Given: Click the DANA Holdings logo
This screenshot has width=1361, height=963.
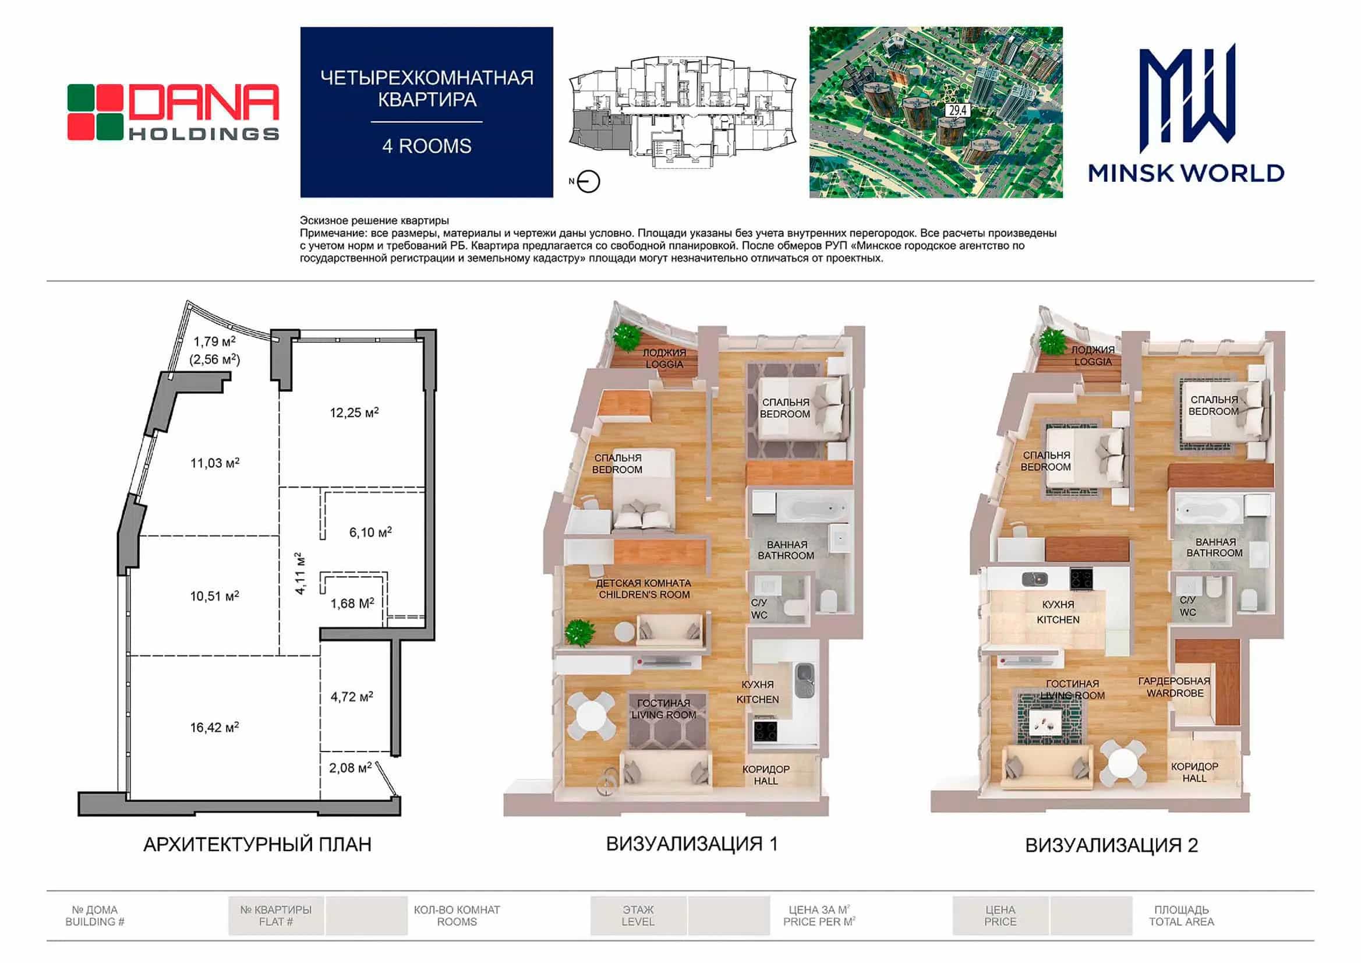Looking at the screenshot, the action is pos(172,112).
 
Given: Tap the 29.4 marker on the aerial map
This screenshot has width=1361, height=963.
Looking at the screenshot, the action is pos(957,110).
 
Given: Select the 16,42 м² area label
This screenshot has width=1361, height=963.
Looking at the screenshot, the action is pos(214,726).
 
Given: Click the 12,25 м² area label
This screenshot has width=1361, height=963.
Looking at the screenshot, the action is pos(354,411).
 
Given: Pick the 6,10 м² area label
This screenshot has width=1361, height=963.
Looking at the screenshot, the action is pos(370,532).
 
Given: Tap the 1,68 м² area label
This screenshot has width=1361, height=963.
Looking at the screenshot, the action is pos(352,603).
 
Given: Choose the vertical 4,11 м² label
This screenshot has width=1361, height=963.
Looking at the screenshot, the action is pos(301,573).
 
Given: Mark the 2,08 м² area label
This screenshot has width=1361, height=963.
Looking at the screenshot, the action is pos(351,767).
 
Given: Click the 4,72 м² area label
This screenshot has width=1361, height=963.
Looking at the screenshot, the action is pos(352,696).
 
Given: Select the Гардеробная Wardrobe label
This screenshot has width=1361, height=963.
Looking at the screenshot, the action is pos(1174,687).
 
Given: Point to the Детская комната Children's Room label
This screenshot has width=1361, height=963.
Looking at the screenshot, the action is pos(644,588).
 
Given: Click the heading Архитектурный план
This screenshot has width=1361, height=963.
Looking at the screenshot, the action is pos(257,844).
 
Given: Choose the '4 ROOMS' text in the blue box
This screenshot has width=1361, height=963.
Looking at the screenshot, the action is pos(427,146).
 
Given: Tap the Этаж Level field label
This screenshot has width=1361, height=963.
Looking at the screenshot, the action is pos(638,916).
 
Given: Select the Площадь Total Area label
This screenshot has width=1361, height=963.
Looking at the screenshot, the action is pos(1182,916).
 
